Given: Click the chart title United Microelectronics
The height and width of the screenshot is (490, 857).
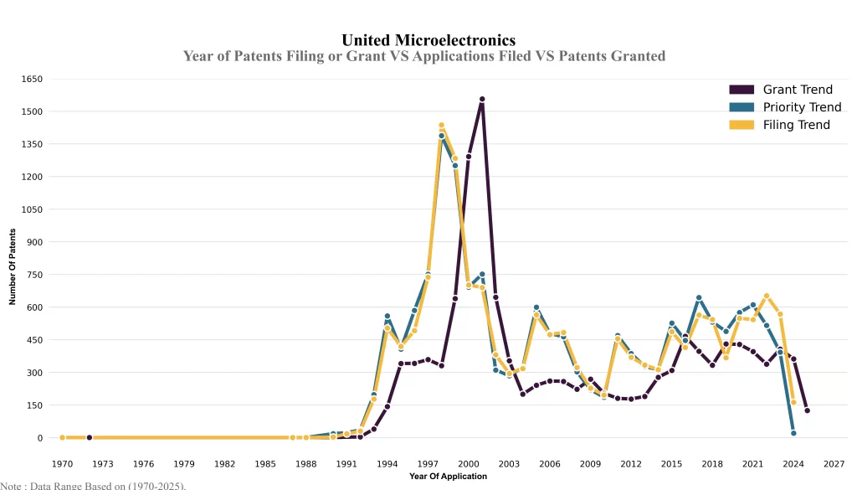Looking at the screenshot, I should (x=428, y=39).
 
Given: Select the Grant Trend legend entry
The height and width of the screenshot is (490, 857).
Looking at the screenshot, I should (x=797, y=90).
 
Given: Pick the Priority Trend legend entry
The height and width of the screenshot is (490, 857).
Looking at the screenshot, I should (x=802, y=107).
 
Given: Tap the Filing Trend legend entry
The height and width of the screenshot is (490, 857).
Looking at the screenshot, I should (x=796, y=125).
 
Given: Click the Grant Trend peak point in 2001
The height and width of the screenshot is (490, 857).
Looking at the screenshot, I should (x=482, y=100).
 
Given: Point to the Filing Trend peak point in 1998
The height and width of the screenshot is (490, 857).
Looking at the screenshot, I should (x=441, y=126).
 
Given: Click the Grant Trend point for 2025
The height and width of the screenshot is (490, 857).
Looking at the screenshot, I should (x=807, y=410).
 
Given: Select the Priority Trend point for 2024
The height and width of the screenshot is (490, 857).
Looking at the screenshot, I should (x=793, y=433).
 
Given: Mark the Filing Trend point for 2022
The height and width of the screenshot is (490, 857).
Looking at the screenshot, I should (x=767, y=296).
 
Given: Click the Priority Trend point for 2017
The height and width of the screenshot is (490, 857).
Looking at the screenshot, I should (x=699, y=297).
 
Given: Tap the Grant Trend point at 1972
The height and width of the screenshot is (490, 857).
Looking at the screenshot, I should (x=90, y=437).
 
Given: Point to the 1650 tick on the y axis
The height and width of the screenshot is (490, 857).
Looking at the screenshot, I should (x=33, y=79).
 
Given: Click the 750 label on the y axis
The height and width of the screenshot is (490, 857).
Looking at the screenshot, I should (x=33, y=275).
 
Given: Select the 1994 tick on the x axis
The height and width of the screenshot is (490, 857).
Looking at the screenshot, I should (x=387, y=463).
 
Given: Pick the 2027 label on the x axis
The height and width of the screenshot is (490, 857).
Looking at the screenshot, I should (x=834, y=463).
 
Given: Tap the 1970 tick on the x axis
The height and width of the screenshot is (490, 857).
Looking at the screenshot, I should (x=62, y=463).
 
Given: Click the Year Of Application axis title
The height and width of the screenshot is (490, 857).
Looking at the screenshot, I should (x=448, y=477).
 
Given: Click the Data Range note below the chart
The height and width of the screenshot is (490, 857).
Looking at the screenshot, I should (x=93, y=485).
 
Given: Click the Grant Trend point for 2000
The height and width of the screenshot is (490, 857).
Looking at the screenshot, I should (x=469, y=156).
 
